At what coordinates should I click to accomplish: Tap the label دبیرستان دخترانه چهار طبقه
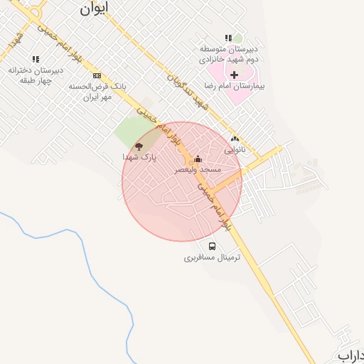point(36,75)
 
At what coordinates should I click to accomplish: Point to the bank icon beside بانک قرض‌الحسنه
point(97,75)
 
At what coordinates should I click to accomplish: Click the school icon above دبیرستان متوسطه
point(228,38)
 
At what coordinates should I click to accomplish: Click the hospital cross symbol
point(234,74)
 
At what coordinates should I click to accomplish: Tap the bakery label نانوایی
point(235,150)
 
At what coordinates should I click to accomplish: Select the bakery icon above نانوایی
point(235,139)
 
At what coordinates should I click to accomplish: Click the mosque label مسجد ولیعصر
point(199,171)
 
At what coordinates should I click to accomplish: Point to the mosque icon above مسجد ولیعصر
point(198,159)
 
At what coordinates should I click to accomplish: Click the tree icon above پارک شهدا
point(138,146)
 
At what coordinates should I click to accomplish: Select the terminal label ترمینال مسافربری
point(213,257)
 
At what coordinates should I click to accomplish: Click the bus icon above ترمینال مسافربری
point(213,246)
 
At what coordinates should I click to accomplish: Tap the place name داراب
point(351,355)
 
